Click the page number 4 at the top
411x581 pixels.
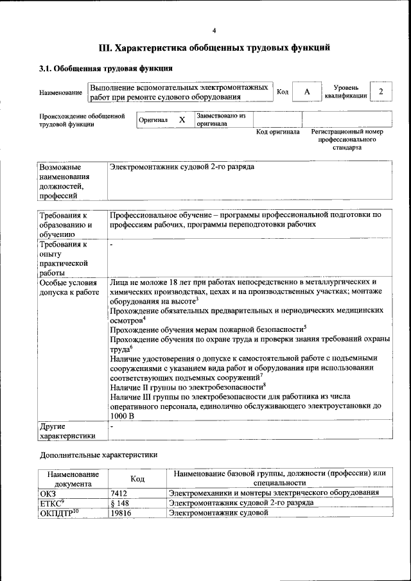tap(214, 30)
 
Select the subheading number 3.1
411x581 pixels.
tap(46, 68)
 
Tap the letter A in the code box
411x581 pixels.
tap(307, 92)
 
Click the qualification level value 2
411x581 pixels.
tap(381, 92)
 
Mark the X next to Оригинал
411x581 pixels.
tap(182, 120)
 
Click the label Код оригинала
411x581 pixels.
tap(277, 132)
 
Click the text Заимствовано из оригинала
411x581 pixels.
tap(221, 119)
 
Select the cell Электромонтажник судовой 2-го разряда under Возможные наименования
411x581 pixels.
tap(182, 167)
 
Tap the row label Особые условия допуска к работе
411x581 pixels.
tap(69, 287)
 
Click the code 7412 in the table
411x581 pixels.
tap(120, 492)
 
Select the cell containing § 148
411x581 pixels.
tap(120, 503)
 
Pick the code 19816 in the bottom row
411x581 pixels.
tap(122, 514)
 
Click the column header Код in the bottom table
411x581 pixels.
tap(137, 479)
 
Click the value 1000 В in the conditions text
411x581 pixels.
tap(122, 415)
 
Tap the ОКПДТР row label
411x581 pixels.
tap(58, 514)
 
